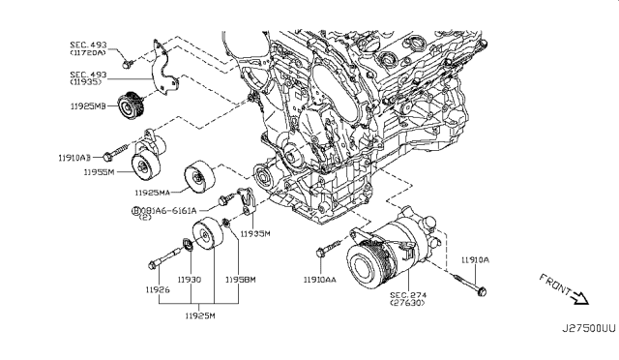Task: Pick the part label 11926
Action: pyautogui.click(x=158, y=289)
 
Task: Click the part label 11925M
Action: pyautogui.click(x=199, y=315)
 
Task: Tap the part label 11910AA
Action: pyautogui.click(x=320, y=280)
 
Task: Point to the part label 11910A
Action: pyautogui.click(x=476, y=259)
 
